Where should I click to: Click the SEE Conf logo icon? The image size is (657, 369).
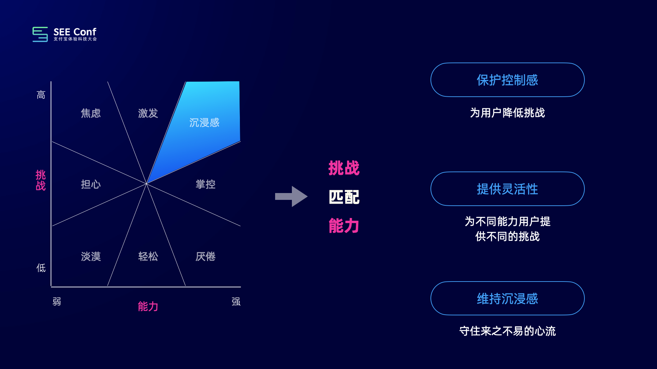[40, 34]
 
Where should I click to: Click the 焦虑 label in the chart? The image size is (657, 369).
[91, 113]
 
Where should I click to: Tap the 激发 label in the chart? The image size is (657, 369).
[148, 113]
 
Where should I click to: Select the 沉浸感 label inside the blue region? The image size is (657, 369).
[204, 123]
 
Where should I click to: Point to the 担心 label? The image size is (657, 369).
[91, 184]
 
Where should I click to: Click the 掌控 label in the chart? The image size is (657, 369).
[205, 184]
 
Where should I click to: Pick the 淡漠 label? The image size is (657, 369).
[91, 256]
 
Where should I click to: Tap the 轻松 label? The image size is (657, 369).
[148, 256]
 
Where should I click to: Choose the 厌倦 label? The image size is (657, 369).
[205, 256]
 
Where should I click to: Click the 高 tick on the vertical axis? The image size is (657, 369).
[41, 95]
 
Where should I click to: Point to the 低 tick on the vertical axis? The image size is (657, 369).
[41, 268]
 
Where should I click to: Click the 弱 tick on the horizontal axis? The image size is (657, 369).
[57, 301]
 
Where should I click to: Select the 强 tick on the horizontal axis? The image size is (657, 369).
[236, 301]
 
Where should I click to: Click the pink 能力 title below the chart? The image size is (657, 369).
[148, 306]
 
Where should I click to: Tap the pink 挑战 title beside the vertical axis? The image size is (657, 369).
[41, 180]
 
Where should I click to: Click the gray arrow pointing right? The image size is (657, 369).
[291, 196]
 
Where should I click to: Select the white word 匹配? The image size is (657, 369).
[344, 197]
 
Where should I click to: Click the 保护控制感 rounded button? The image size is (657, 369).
[507, 80]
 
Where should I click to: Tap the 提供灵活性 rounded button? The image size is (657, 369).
[507, 189]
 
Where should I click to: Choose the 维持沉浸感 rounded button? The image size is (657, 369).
[507, 298]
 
